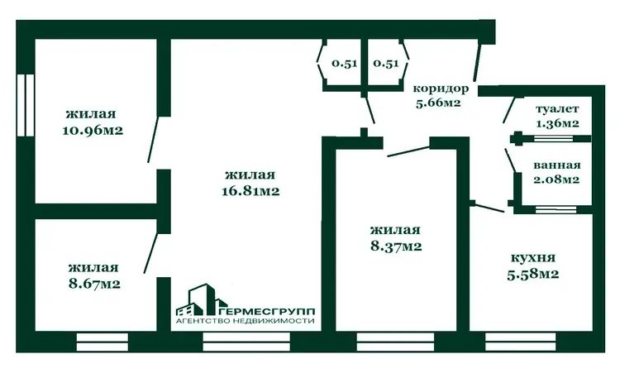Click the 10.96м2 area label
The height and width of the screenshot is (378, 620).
point(93,130)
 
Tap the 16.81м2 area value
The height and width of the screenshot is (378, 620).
point(250,191)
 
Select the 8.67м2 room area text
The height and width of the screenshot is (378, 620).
point(94,284)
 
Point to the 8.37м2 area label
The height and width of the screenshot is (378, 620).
point(396,246)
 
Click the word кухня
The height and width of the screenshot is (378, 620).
point(533,258)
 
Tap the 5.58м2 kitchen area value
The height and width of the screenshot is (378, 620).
point(532,274)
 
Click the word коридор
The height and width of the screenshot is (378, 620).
point(441,89)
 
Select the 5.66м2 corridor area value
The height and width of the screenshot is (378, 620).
point(438,103)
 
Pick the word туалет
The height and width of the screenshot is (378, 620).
point(557,109)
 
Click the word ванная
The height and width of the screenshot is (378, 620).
point(556,165)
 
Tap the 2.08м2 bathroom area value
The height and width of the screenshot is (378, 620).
point(556,179)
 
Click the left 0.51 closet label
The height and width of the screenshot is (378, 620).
point(345,64)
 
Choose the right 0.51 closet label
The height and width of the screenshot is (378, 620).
point(386,64)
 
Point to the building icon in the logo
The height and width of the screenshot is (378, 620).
point(197,299)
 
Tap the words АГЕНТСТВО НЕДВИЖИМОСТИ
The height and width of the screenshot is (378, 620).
point(246,321)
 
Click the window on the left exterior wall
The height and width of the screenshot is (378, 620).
point(26,105)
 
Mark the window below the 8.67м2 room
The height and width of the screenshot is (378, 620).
point(102,342)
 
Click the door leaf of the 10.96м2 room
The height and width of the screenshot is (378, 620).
point(153,139)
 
